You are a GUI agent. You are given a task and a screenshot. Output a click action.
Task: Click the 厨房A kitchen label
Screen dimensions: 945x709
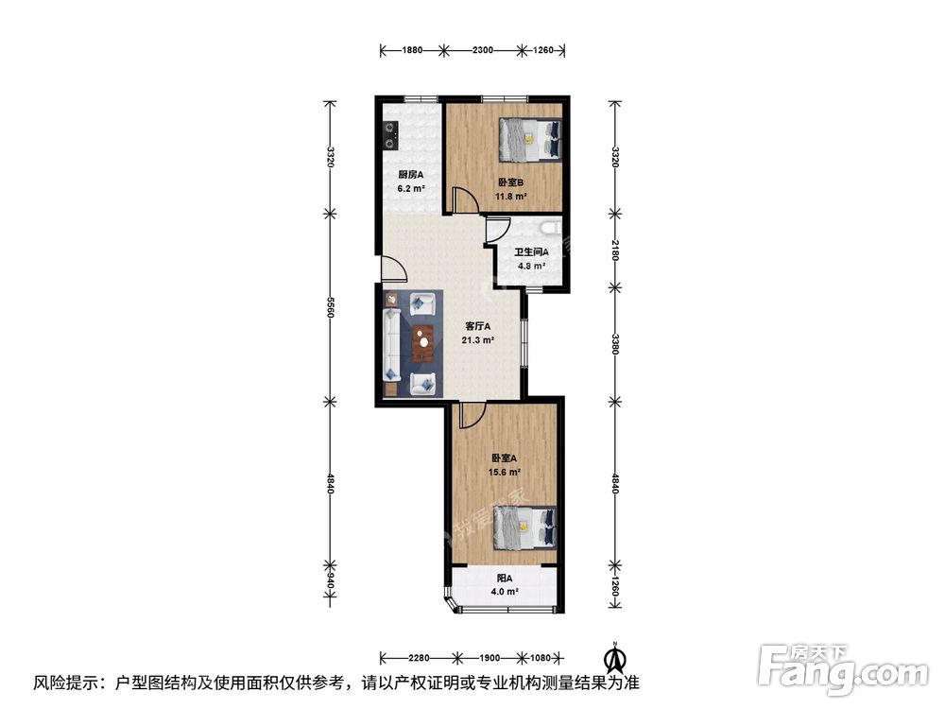tap(410, 175)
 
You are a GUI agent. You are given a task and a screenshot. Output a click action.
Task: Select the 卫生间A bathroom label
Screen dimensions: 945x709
tap(531, 252)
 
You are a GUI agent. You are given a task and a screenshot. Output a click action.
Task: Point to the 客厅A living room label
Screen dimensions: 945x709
tap(478, 326)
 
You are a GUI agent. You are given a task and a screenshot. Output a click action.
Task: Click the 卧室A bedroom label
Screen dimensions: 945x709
tap(505, 458)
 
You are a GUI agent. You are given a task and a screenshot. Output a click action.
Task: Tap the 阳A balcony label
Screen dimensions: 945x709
tap(505, 579)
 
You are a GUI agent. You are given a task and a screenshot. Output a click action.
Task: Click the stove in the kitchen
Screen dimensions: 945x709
tap(391, 135)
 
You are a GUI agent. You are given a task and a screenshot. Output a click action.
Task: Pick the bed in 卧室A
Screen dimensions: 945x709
tap(524, 527)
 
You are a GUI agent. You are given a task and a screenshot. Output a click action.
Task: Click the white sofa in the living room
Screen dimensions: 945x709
tap(392, 344)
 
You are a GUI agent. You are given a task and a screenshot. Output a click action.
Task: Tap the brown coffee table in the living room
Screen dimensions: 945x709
tap(423, 343)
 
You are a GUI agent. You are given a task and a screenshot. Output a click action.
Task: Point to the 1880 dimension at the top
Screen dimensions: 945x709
tap(412, 50)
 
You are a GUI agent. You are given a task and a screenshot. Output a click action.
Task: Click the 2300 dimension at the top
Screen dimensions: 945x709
tap(483, 50)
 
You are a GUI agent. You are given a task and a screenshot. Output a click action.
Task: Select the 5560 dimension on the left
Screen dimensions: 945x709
tap(330, 307)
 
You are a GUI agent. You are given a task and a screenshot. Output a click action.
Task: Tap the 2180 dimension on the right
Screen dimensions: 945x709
tap(614, 250)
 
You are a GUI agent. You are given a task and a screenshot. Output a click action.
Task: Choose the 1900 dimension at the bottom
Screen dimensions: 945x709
tap(490, 658)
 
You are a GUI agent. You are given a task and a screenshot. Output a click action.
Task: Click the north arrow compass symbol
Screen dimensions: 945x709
tap(614, 658)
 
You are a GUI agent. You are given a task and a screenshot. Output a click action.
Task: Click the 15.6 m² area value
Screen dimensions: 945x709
tap(505, 473)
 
